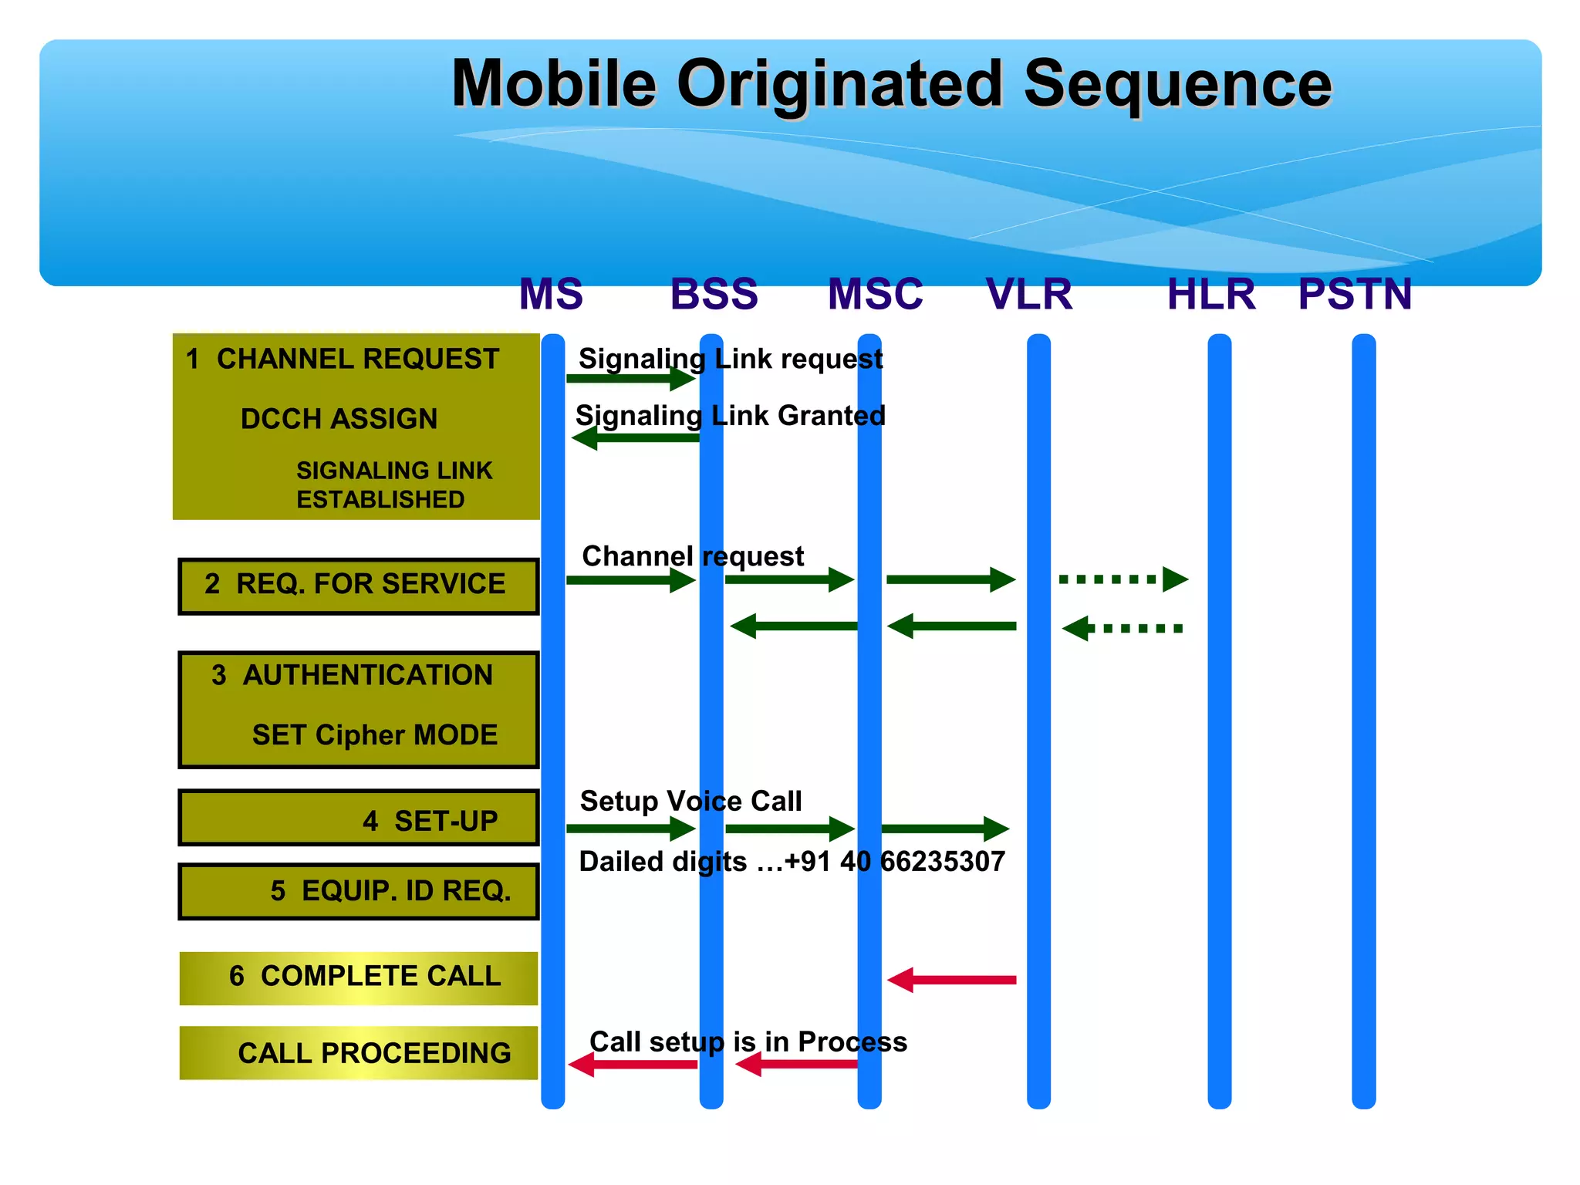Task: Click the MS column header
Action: (551, 294)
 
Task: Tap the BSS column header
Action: (714, 294)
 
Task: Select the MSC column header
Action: (875, 294)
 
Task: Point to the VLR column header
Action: (1029, 294)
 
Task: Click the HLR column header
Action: (1210, 294)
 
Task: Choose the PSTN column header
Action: (1355, 294)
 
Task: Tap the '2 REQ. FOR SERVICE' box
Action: (358, 586)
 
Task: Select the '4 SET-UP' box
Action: (358, 819)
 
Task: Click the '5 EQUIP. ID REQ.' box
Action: (358, 891)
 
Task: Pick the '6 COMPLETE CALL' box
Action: (358, 977)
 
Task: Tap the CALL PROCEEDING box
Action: (358, 1053)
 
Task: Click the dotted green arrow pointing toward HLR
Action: (1123, 579)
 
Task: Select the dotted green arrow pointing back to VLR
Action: (1123, 628)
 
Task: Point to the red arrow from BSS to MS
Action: (633, 1065)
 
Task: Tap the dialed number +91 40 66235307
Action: (895, 862)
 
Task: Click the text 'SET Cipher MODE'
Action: (375, 734)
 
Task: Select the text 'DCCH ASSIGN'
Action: (339, 419)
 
